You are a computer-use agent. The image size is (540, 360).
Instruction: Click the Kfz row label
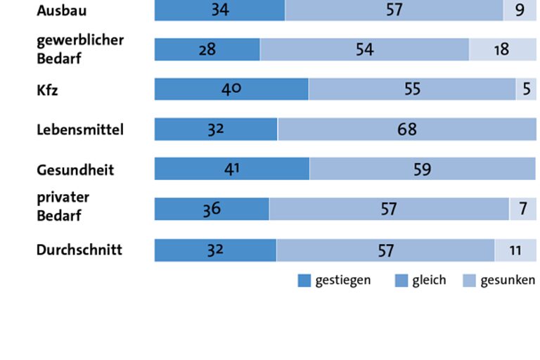coord(49,89)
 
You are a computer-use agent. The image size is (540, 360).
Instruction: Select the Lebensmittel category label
coord(79,129)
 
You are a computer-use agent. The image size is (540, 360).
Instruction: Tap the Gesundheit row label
coord(75,169)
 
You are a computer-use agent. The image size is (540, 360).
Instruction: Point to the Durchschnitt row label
coord(79,250)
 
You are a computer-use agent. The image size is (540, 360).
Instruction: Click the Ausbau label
coord(62,11)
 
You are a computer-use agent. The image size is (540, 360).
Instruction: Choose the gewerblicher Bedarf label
coord(79,49)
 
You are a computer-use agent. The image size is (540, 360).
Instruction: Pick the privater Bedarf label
coord(63,206)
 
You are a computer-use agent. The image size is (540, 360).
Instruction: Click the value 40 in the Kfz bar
coord(231,89)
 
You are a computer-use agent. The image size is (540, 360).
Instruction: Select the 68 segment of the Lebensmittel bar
coord(406,129)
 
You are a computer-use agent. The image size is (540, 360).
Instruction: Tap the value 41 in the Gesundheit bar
coord(231,169)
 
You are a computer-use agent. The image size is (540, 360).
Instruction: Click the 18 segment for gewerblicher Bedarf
coord(501,49)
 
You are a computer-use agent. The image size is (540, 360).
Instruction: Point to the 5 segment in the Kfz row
coord(526,89)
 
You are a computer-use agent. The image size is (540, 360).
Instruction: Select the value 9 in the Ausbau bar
coord(520,11)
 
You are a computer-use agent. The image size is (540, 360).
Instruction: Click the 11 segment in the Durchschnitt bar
coord(515,250)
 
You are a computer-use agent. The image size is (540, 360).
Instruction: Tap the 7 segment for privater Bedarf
coord(522,209)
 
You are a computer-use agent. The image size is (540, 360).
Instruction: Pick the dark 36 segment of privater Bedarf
coord(212,209)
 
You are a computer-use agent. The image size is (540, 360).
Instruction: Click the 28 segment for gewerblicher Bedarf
coord(207,49)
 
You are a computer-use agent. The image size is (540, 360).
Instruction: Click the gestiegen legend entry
coord(334,281)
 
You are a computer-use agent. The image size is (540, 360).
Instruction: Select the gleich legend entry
coord(420,281)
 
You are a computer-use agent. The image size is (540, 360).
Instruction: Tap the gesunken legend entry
coord(499,281)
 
